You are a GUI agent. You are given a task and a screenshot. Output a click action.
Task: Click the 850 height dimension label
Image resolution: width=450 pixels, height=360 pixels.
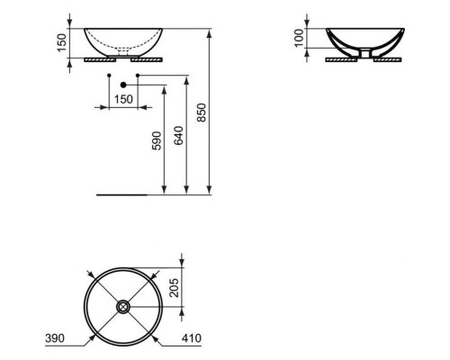[x=202, y=112]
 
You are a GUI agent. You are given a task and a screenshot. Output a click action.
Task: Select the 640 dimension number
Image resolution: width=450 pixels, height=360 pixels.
[x=178, y=134]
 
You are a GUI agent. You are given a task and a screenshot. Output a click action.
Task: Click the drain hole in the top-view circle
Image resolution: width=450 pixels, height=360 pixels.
[x=122, y=306]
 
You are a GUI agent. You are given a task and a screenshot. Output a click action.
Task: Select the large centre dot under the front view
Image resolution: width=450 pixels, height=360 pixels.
[x=121, y=85]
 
